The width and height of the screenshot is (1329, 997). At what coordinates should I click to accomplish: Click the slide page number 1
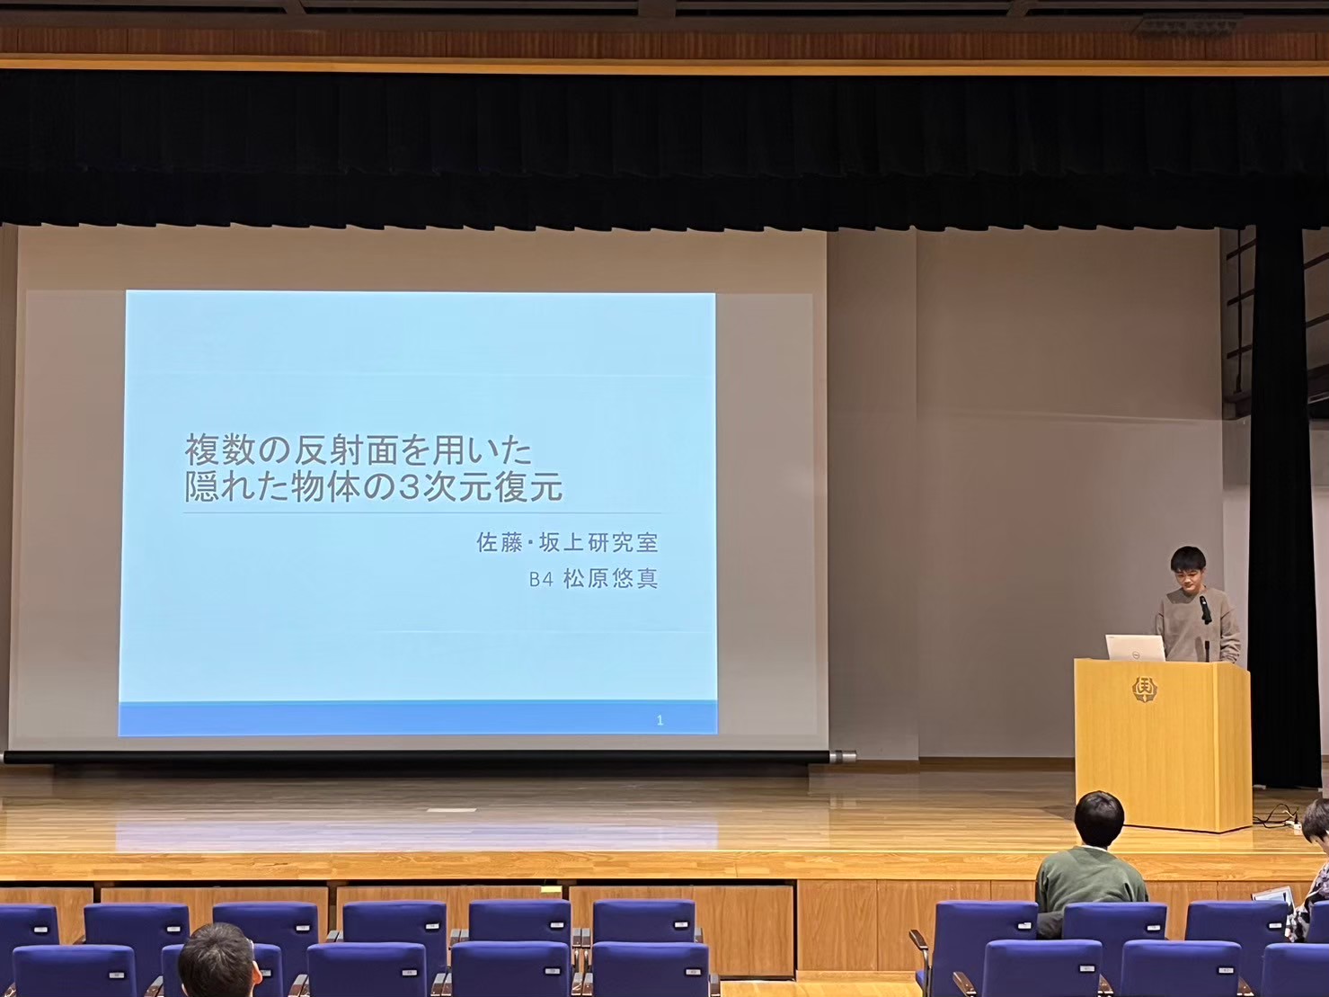[660, 720]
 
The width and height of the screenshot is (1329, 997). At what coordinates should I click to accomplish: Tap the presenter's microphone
[1204, 610]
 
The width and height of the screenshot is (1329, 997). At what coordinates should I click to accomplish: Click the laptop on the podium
[1135, 648]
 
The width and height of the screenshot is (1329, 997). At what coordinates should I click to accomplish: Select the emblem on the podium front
[1144, 690]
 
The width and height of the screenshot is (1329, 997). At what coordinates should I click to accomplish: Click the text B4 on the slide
[541, 580]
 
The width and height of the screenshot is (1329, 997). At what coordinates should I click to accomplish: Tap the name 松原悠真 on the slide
[610, 580]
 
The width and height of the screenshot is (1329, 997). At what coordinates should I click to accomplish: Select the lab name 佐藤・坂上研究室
[567, 543]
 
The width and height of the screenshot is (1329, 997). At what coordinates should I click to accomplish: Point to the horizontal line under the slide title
[423, 512]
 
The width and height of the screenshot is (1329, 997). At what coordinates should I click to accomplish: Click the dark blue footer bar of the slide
[418, 718]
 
